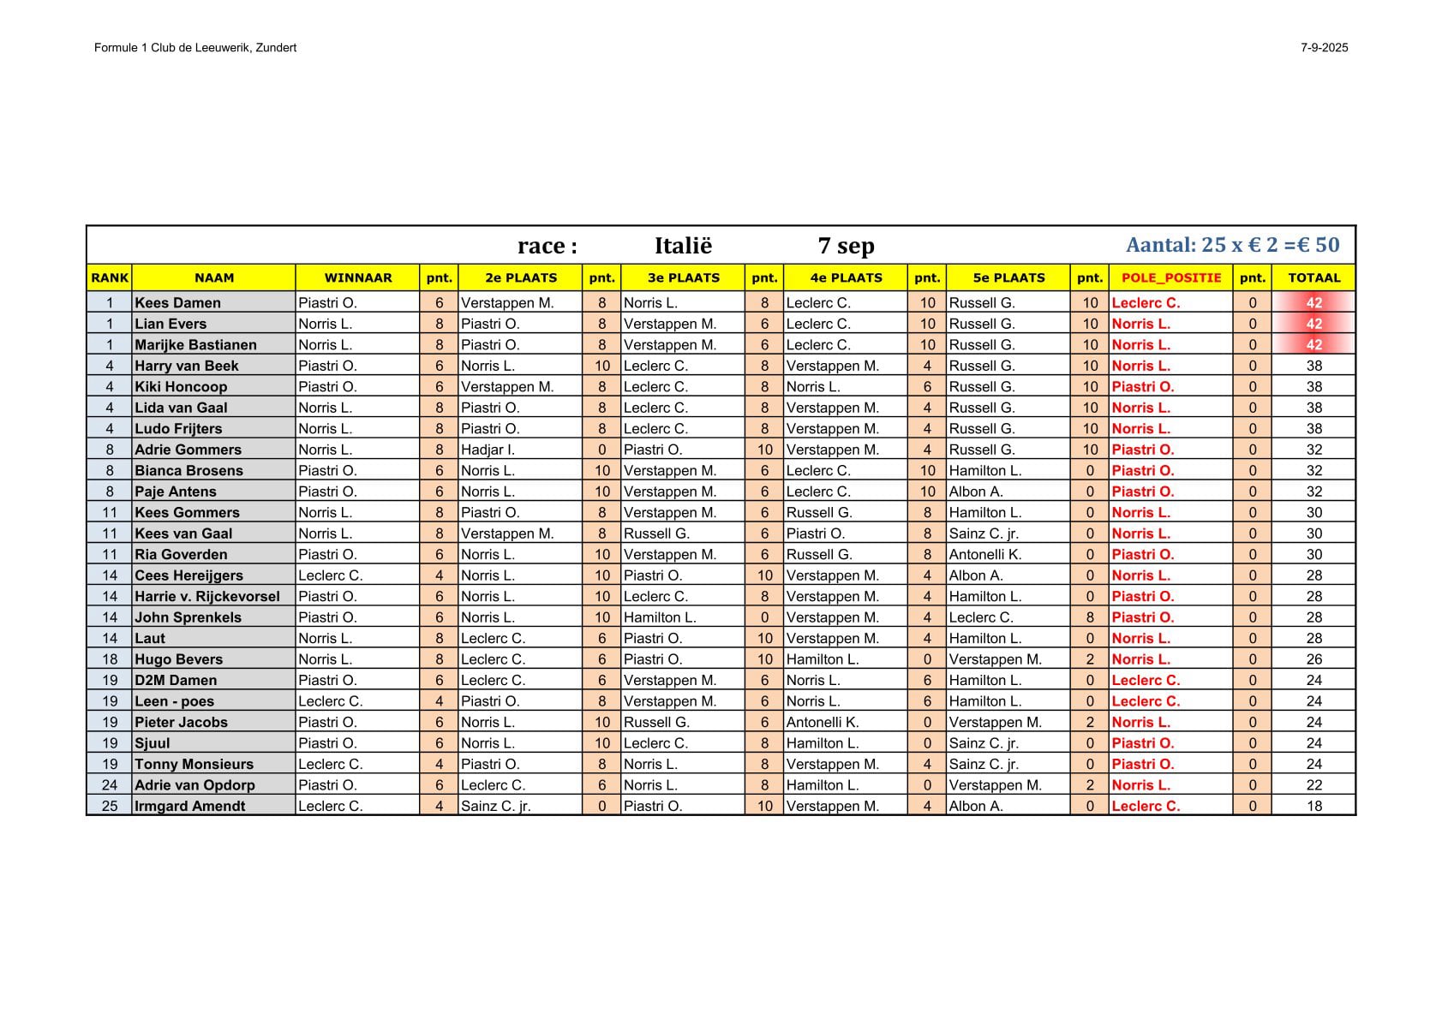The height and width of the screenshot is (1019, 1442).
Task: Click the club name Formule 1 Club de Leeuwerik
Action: pyautogui.click(x=194, y=48)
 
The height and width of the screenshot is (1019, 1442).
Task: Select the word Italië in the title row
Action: pyautogui.click(x=683, y=246)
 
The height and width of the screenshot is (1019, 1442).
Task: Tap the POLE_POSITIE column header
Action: pyautogui.click(x=1170, y=277)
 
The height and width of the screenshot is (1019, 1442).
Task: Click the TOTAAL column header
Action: pyautogui.click(x=1313, y=277)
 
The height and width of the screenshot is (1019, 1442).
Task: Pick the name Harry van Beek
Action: pyautogui.click(x=187, y=366)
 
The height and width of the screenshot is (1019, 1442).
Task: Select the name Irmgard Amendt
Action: pyautogui.click(x=189, y=806)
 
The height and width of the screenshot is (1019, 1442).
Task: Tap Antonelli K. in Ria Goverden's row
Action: pyautogui.click(x=984, y=554)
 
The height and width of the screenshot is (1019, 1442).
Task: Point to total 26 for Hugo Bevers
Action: pyautogui.click(x=1313, y=659)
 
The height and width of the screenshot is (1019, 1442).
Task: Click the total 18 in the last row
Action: pyautogui.click(x=1313, y=806)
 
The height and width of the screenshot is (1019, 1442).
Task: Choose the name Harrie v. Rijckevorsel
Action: pyautogui.click(x=206, y=596)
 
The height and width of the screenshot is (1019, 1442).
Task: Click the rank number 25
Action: pyautogui.click(x=110, y=806)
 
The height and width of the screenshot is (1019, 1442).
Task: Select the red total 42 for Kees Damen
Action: pyautogui.click(x=1313, y=302)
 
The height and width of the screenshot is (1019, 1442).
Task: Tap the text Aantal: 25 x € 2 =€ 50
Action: pyautogui.click(x=1232, y=245)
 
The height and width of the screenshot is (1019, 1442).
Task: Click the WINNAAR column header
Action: pyautogui.click(x=357, y=277)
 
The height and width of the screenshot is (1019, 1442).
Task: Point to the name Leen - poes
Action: pyautogui.click(x=174, y=701)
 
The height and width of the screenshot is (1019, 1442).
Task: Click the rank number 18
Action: pyautogui.click(x=110, y=659)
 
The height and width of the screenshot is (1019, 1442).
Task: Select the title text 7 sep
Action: pyautogui.click(x=846, y=246)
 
